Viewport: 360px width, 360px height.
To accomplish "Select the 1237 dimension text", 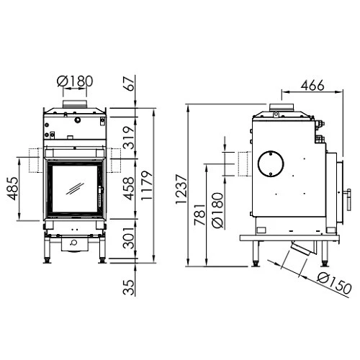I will tap(181, 192).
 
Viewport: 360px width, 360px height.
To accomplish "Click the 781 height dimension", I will tap(200, 212).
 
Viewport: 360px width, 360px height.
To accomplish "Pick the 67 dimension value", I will tap(129, 85).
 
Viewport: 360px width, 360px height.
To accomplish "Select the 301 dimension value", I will tap(129, 237).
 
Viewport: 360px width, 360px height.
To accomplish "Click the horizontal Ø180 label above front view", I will tap(75, 81).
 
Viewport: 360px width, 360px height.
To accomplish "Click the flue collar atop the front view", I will tap(75, 107).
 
